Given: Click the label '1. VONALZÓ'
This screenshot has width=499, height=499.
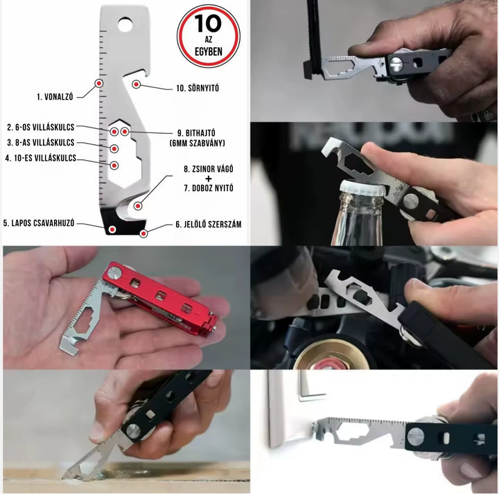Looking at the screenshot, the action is [x=55, y=97].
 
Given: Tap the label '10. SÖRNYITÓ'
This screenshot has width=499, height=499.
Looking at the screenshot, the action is [x=198, y=88].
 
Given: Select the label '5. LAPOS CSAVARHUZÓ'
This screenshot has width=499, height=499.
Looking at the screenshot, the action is [x=39, y=222].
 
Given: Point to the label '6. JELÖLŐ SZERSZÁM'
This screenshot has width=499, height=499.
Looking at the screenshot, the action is [x=209, y=225].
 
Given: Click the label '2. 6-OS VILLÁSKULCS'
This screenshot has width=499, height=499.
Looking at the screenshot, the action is [x=40, y=128].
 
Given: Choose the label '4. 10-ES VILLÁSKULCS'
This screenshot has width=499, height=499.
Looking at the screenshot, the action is [x=41, y=158].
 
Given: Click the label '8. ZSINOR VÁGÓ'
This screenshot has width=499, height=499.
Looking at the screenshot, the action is [x=209, y=169].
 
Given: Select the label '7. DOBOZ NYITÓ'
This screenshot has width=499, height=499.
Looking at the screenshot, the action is [x=209, y=188].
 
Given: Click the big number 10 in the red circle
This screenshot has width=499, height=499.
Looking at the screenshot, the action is [x=208, y=24].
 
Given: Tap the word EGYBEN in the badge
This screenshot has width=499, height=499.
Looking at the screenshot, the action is [x=209, y=51].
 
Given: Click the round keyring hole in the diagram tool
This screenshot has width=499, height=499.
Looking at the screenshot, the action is [x=125, y=25].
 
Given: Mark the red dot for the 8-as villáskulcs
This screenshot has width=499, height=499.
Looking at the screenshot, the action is [x=114, y=148].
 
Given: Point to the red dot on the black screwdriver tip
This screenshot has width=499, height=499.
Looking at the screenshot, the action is [x=112, y=229].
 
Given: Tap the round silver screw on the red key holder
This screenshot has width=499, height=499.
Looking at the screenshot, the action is [x=114, y=273].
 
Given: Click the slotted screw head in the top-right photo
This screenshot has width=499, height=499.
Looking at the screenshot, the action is [x=396, y=64].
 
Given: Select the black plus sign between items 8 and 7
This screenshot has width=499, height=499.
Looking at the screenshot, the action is [x=209, y=179].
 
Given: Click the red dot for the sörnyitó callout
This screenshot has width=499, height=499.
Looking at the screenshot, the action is [x=137, y=85].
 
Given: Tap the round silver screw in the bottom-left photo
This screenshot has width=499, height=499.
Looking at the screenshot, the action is [x=133, y=431].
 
